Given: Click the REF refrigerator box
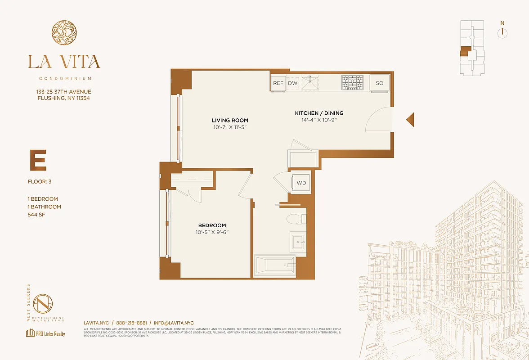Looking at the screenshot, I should [x=278, y=83].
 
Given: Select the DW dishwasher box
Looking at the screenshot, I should [x=293, y=83].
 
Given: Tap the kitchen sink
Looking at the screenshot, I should [x=310, y=83].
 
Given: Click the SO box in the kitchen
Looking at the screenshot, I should [x=380, y=83].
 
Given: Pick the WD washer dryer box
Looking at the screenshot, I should [x=301, y=183].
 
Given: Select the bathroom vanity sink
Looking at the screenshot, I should [x=297, y=242].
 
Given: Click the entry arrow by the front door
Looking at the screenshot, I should [x=410, y=120].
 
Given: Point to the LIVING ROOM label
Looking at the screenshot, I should [x=230, y=121].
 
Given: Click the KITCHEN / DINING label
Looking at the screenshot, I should [x=319, y=113].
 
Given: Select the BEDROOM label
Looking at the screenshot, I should [x=212, y=225].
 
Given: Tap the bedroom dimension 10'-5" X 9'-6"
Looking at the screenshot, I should [x=212, y=233].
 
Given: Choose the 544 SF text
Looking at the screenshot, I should [x=37, y=215].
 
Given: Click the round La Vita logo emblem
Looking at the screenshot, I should [x=64, y=34].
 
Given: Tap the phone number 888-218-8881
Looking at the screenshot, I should [x=131, y=323].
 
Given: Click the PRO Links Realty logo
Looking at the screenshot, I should [x=45, y=333].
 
